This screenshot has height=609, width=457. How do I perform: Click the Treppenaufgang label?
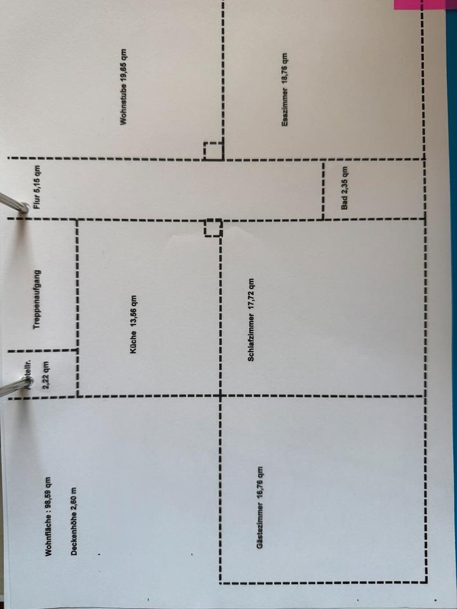pos(37,298)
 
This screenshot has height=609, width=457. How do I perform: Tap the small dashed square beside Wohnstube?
pos(213,152)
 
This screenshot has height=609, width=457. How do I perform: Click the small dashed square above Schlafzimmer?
pos(213,227)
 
